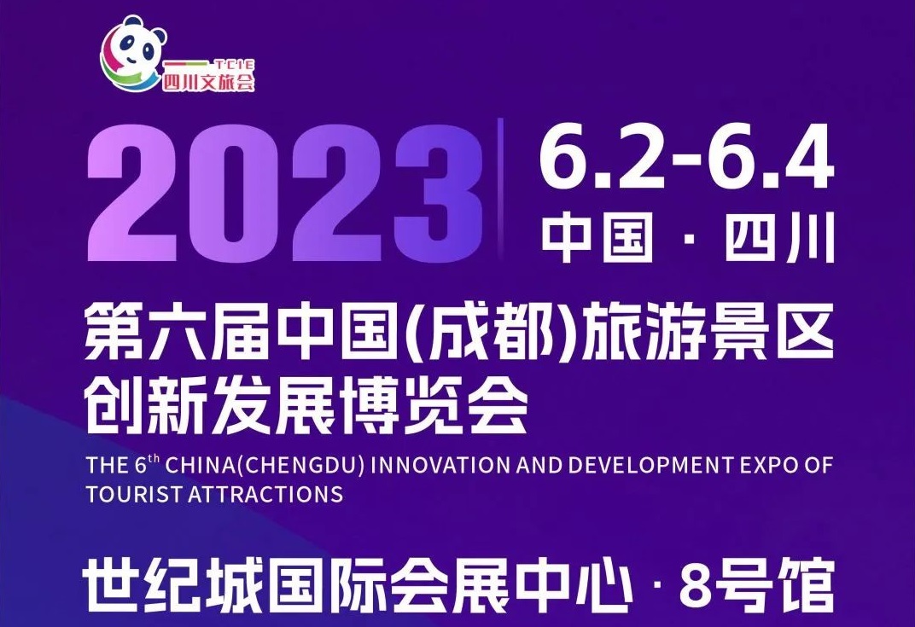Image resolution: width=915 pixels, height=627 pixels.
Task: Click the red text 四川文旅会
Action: pyautogui.click(x=208, y=82)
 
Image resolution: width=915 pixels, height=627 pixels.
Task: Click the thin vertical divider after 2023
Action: pyautogui.click(x=500, y=188)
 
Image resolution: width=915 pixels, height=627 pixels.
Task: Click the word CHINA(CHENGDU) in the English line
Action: pyautogui.click(x=265, y=465)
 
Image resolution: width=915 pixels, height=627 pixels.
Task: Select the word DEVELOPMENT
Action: pyautogui.click(x=650, y=465)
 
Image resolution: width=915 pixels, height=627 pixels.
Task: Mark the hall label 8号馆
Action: pyautogui.click(x=757, y=583)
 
